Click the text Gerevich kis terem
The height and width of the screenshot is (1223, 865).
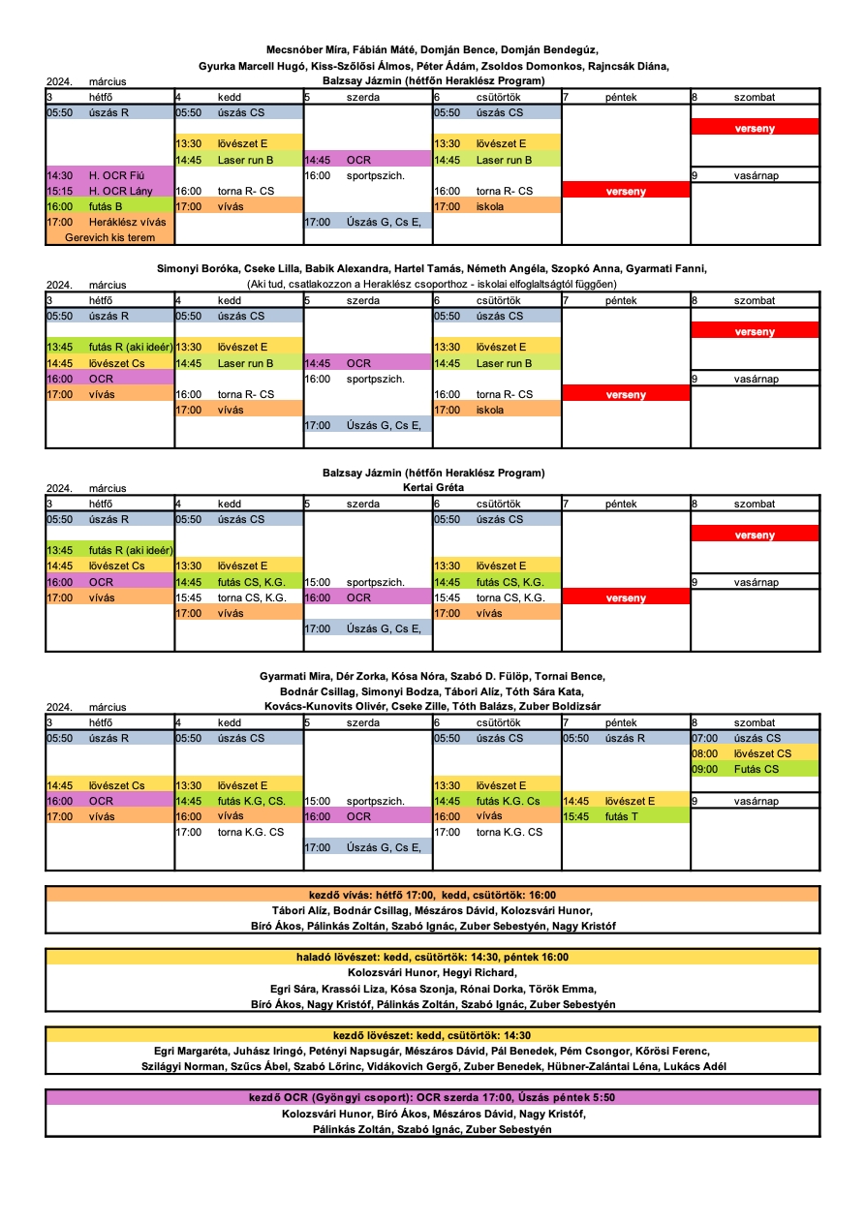(110, 237)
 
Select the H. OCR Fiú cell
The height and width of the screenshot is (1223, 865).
(109, 175)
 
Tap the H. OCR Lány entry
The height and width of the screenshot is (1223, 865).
(109, 191)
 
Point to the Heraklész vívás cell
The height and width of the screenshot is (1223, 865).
(109, 222)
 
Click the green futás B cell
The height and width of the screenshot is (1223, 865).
(109, 206)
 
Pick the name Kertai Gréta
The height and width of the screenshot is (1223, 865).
(433, 487)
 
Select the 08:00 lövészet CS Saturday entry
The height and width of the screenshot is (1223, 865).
(755, 753)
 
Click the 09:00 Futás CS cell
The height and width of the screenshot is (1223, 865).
(755, 769)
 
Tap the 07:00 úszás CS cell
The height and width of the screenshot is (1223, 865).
(755, 738)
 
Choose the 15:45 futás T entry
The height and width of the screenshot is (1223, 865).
(626, 816)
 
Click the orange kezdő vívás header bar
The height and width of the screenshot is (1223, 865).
(432, 895)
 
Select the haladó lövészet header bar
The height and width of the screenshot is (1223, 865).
(432, 958)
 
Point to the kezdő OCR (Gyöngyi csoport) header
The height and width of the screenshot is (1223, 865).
(432, 1098)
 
